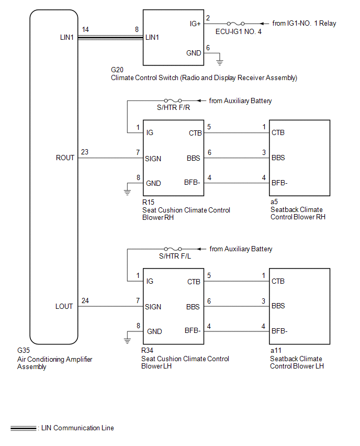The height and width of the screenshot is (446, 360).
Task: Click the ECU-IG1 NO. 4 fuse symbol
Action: [236, 24]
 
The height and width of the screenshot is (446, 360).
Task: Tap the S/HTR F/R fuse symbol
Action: [173, 101]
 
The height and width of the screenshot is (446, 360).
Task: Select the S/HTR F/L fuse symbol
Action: [173, 249]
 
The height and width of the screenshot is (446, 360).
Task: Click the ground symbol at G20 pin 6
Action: [220, 62]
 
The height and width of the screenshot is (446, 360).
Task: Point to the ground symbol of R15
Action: [127, 192]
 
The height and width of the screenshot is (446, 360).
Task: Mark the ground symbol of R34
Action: [127, 340]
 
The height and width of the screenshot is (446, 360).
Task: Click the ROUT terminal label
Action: [65, 158]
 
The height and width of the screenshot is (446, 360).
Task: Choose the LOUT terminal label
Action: [64, 306]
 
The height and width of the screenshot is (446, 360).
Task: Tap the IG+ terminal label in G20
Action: [195, 24]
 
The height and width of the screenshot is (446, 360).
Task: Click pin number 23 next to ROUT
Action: [85, 152]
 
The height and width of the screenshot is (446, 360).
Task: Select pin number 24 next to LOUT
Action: [85, 300]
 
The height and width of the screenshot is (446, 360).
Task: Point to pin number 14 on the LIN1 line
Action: [85, 30]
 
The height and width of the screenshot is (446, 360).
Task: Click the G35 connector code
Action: [24, 350]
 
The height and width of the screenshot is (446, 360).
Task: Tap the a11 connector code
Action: [276, 350]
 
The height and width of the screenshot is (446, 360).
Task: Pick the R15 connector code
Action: [148, 202]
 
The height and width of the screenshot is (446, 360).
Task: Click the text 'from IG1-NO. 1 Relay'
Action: [304, 24]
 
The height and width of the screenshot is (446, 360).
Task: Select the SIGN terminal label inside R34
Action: [153, 307]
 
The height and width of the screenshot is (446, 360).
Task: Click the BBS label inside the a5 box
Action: [278, 158]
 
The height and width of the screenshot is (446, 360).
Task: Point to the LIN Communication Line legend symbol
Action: [24, 428]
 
